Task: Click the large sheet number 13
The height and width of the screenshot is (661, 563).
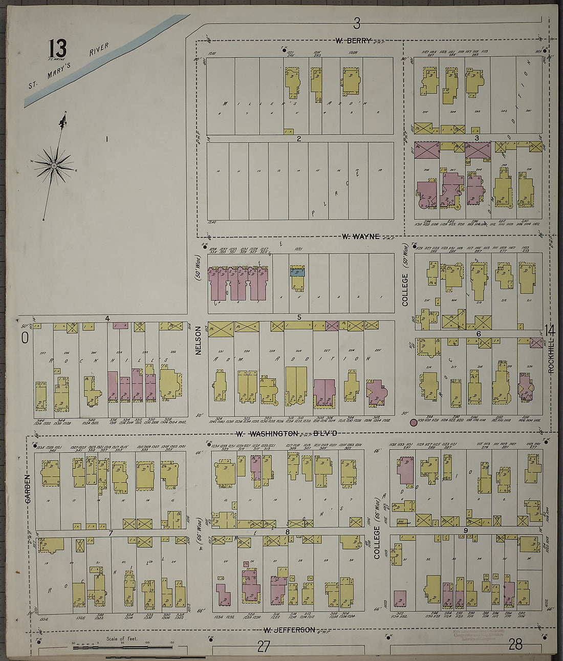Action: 57,49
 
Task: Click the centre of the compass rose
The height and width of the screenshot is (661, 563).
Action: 54,165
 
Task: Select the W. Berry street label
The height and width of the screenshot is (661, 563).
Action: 353,40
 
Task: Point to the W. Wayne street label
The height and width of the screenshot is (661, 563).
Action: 361,236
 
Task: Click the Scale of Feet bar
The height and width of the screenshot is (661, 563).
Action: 123,648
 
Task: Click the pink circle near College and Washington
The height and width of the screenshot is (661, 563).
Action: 413,422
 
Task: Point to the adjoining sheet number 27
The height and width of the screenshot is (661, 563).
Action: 263,646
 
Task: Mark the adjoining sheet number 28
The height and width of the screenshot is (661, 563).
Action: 515,644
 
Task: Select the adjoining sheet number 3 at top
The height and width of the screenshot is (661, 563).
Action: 357,23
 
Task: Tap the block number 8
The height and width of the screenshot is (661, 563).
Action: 288,532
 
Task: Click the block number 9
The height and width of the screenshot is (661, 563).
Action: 465,530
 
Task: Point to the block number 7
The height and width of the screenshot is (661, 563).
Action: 111,533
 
